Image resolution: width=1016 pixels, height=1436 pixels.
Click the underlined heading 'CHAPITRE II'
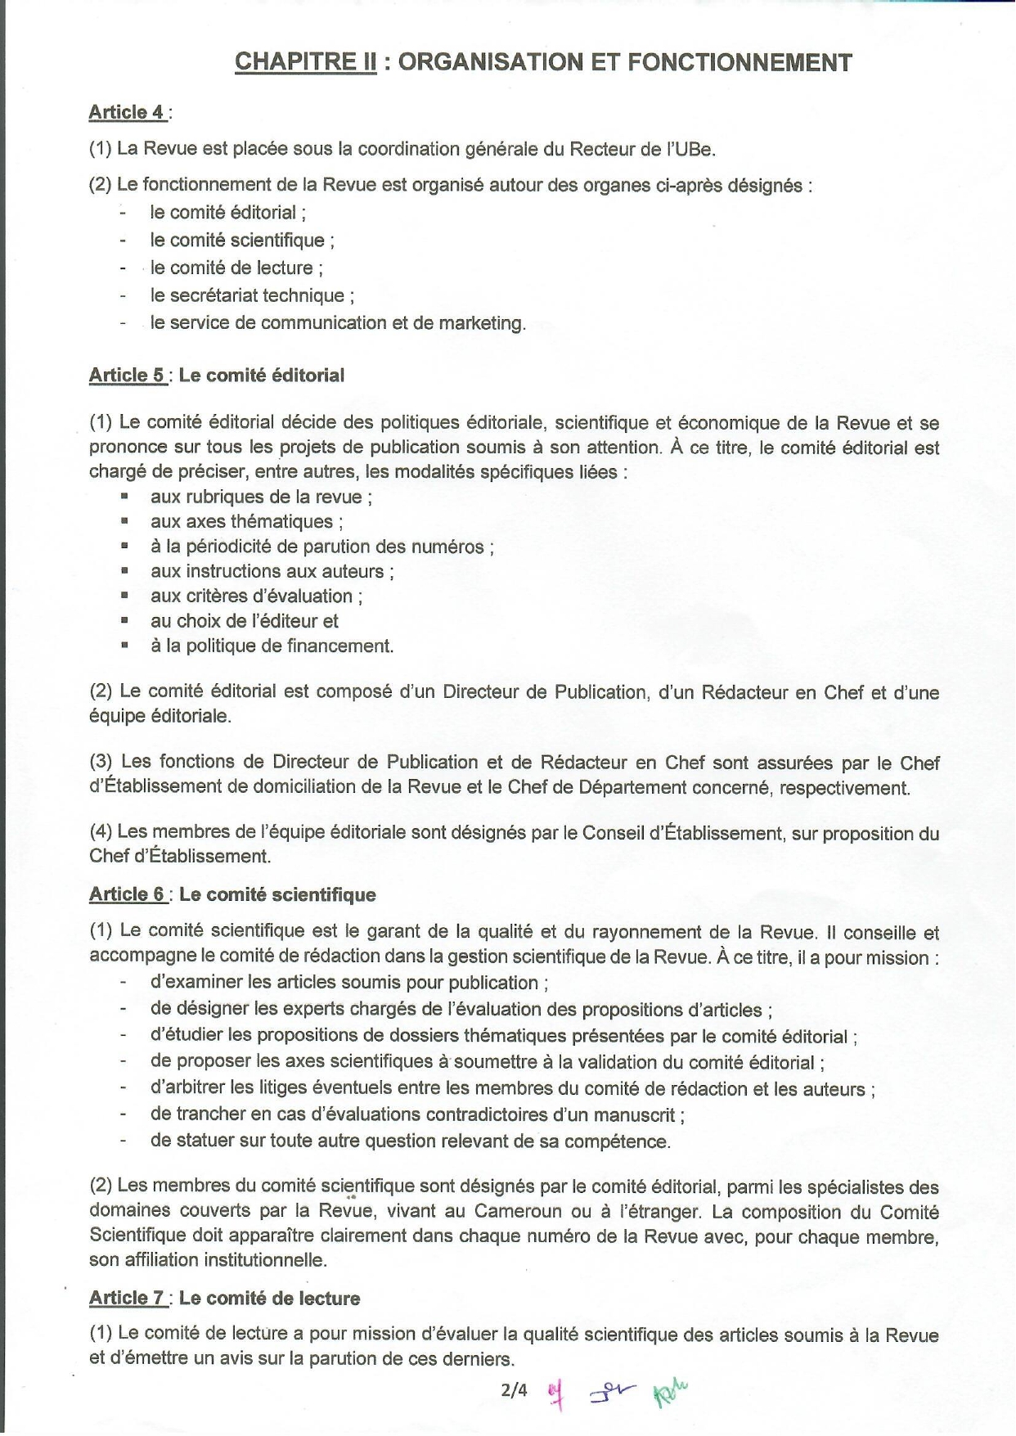pyautogui.click(x=305, y=62)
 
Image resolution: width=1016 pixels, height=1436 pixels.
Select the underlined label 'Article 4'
pyautogui.click(x=127, y=112)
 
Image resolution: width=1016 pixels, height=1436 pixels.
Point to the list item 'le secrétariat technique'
pyautogui.click(x=252, y=295)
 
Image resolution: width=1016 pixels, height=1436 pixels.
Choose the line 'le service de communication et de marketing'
pyautogui.click(x=337, y=323)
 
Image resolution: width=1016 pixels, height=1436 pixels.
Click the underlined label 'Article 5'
pyautogui.click(x=127, y=376)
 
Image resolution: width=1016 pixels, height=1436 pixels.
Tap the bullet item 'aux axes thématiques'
pyautogui.click(x=246, y=522)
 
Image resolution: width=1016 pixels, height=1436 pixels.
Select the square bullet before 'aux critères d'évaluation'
pyautogui.click(x=124, y=595)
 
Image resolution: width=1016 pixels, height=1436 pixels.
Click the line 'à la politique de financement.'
pyautogui.click(x=272, y=646)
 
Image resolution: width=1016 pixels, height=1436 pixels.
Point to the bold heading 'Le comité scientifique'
pyautogui.click(x=277, y=894)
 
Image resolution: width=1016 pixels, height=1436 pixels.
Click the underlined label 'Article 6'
pyautogui.click(x=127, y=894)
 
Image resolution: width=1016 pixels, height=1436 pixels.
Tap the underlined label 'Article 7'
pyautogui.click(x=127, y=1298)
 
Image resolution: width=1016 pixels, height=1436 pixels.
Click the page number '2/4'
pyautogui.click(x=515, y=1389)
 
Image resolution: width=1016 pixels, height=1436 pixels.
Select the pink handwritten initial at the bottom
pyautogui.click(x=558, y=1393)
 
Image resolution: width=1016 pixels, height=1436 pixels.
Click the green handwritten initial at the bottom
pyautogui.click(x=670, y=1393)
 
